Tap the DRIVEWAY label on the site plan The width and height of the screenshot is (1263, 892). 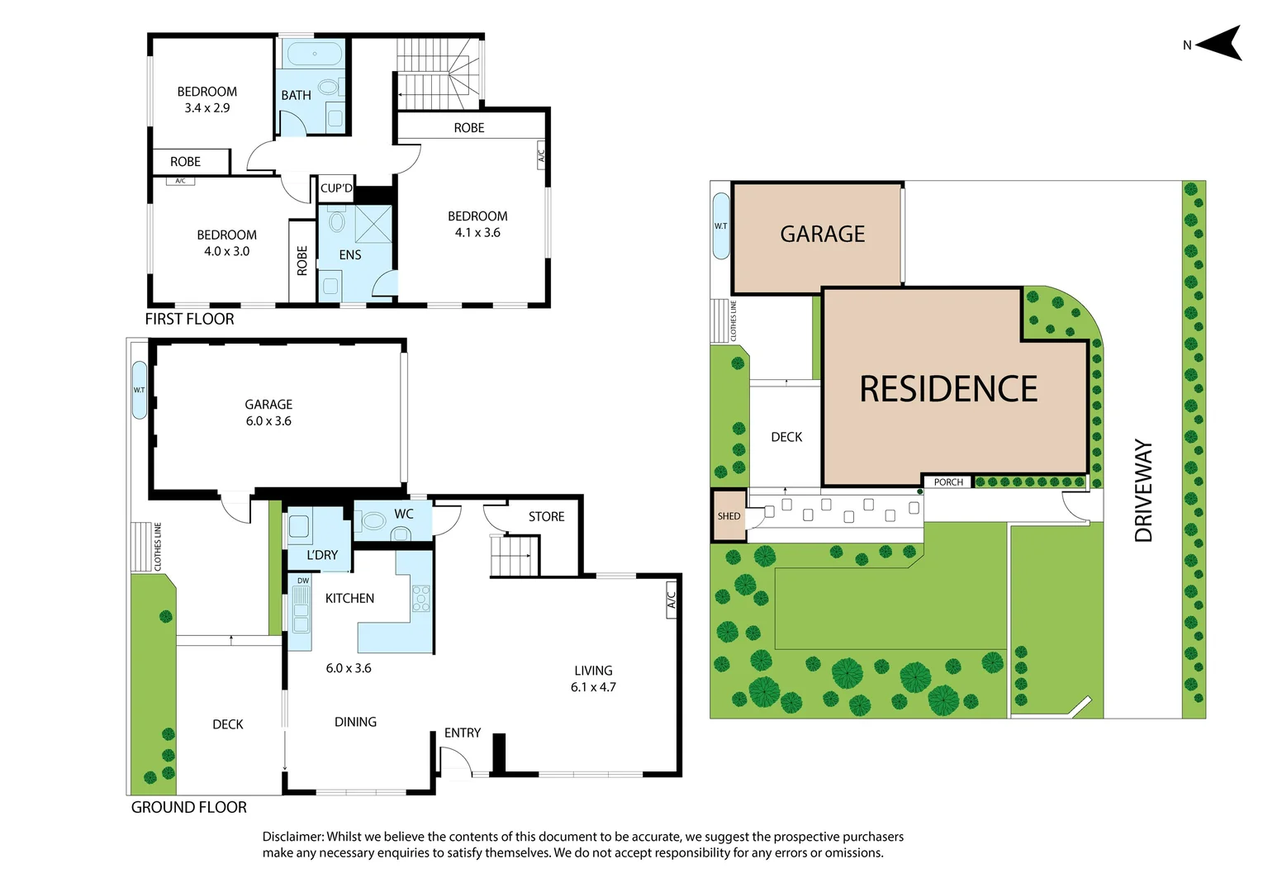1143,491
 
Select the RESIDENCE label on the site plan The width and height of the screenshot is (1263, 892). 948,389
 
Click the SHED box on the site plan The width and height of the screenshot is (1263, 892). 729,516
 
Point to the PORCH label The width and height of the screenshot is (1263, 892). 948,482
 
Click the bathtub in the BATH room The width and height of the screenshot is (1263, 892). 314,55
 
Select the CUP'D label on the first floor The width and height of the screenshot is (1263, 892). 336,188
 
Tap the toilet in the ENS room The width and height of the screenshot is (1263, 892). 337,221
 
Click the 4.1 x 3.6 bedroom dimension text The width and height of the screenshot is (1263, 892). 477,233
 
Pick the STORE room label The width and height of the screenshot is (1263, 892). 546,517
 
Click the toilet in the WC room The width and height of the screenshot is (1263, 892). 374,521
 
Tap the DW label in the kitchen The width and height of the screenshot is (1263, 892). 303,581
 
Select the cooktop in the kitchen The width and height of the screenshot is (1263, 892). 421,598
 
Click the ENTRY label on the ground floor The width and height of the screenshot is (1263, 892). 462,733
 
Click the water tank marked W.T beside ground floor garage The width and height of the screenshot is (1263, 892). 140,390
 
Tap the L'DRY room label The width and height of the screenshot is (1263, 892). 322,555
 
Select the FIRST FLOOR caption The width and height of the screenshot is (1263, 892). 189,320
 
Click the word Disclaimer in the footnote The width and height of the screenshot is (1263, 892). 292,837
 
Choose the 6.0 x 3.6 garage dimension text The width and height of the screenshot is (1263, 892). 268,421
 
